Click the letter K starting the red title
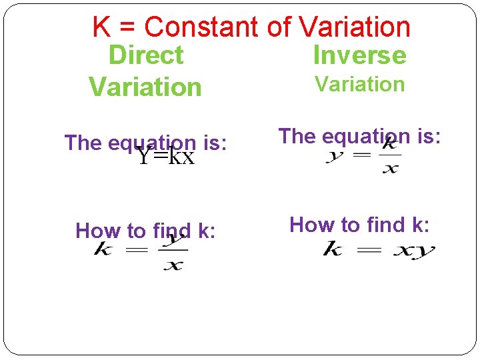[x=101, y=27]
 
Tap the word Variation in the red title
[x=355, y=27]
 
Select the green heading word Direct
[x=145, y=55]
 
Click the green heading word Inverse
[x=359, y=55]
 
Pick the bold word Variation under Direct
[x=145, y=87]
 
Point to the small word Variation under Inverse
[x=359, y=85]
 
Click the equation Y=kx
[x=165, y=157]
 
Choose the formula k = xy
[x=378, y=251]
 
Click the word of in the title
[x=279, y=27]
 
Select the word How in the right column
[x=311, y=225]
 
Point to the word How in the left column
[x=97, y=231]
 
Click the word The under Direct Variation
[x=83, y=143]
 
